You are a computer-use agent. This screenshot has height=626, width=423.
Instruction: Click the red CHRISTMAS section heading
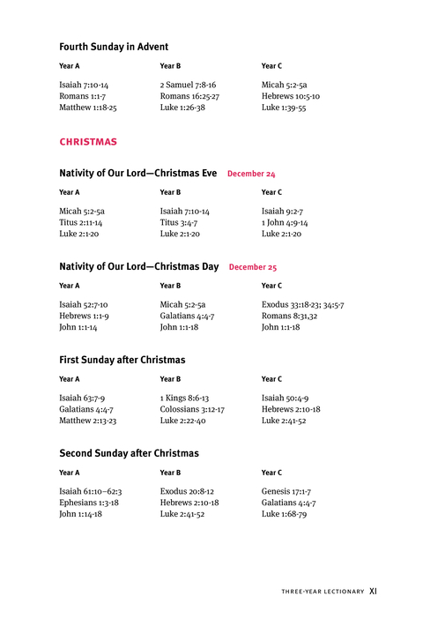point(88,141)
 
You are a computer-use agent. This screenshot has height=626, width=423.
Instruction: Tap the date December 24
point(251,175)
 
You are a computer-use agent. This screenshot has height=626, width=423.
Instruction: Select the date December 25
point(253,267)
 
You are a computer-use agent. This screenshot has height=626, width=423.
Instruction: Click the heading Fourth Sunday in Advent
point(114,47)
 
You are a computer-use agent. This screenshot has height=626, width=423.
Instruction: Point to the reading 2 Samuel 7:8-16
point(188,85)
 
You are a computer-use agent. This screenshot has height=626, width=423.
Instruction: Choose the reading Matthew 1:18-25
point(88,108)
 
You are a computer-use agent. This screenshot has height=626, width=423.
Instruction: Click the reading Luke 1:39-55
point(284,108)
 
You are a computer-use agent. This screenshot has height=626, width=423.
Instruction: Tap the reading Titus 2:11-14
point(82,223)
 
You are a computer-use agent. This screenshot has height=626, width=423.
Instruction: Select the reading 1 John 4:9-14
point(285,223)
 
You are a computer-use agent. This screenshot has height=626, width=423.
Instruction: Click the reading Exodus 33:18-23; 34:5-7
point(302,304)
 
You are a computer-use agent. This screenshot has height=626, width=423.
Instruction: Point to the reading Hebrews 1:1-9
point(84,316)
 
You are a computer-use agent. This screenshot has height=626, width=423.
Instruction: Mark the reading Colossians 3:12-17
point(192,409)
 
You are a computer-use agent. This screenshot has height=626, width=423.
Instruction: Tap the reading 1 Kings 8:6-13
point(184,398)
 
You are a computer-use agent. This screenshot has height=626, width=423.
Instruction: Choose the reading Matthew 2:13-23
point(88,421)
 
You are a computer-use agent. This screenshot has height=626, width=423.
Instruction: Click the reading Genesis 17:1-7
point(286,490)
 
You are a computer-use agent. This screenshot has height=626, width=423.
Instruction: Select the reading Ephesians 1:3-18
point(89,502)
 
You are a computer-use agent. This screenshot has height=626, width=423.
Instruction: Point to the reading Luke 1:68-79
point(284,513)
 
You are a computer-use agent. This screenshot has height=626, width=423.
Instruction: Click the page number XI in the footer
point(374,592)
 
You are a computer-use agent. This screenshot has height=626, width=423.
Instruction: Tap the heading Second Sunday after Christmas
point(129,453)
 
